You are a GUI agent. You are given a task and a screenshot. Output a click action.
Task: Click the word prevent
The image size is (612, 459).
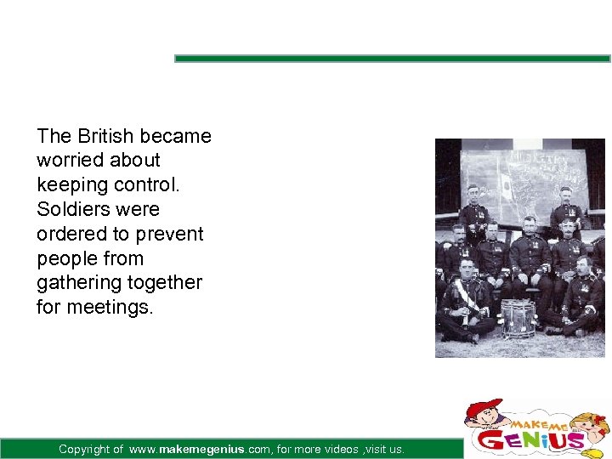170,234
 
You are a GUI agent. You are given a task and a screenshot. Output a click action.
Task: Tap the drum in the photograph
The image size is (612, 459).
517,318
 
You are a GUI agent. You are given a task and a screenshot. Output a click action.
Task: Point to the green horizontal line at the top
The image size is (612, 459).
392,59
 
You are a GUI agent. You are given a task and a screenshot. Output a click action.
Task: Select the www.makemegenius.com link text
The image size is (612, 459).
201,449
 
